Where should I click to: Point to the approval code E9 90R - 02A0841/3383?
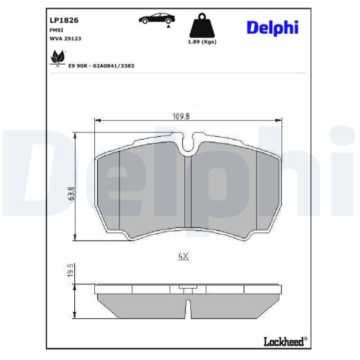tap(101, 65)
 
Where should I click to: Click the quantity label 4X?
tap(182, 255)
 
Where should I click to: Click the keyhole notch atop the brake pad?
tap(187, 147)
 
